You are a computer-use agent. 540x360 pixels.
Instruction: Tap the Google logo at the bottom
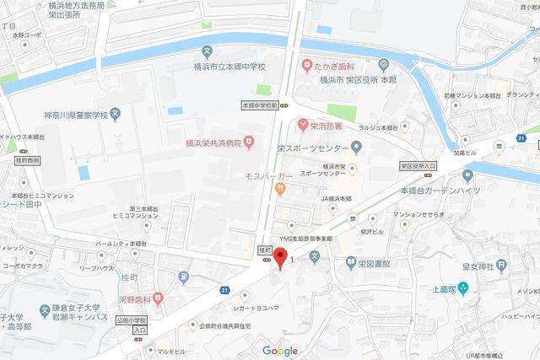[x=280, y=351]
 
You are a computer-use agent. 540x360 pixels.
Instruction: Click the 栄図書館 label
[x=372, y=262]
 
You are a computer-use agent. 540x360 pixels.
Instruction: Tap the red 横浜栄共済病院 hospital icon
[x=249, y=143]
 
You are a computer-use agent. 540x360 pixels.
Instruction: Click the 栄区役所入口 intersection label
[x=419, y=167]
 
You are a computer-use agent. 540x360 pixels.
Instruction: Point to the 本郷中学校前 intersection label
[x=258, y=105]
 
